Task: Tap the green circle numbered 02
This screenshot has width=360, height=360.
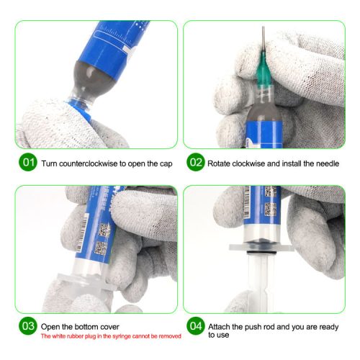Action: click(x=195, y=163)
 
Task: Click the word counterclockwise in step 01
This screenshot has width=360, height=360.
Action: click(x=89, y=163)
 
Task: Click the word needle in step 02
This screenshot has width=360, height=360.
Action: click(x=325, y=163)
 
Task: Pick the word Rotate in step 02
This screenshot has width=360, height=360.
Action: click(x=220, y=163)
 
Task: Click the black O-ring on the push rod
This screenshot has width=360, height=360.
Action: click(x=261, y=255)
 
